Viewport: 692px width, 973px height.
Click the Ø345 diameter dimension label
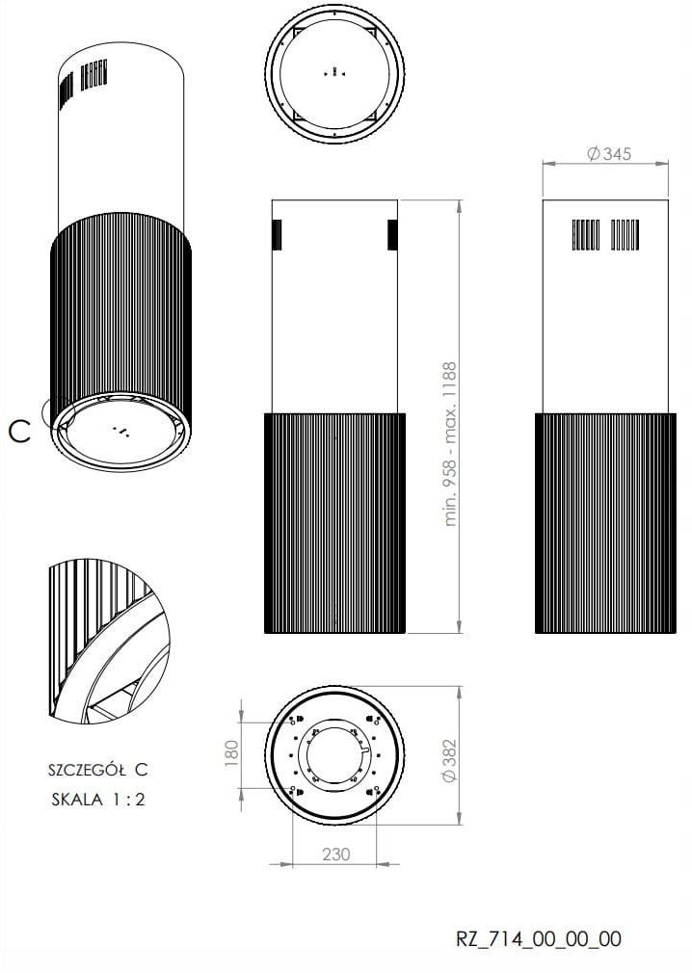(x=609, y=153)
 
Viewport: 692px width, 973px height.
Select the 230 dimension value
(x=335, y=855)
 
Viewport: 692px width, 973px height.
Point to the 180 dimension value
(x=231, y=752)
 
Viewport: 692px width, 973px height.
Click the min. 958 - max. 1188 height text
(x=450, y=444)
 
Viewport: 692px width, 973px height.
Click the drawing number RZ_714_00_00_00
(x=539, y=939)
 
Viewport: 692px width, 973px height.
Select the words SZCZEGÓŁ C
(x=98, y=770)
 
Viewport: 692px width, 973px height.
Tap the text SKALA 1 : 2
(x=98, y=800)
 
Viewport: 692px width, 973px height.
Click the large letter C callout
(x=20, y=432)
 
